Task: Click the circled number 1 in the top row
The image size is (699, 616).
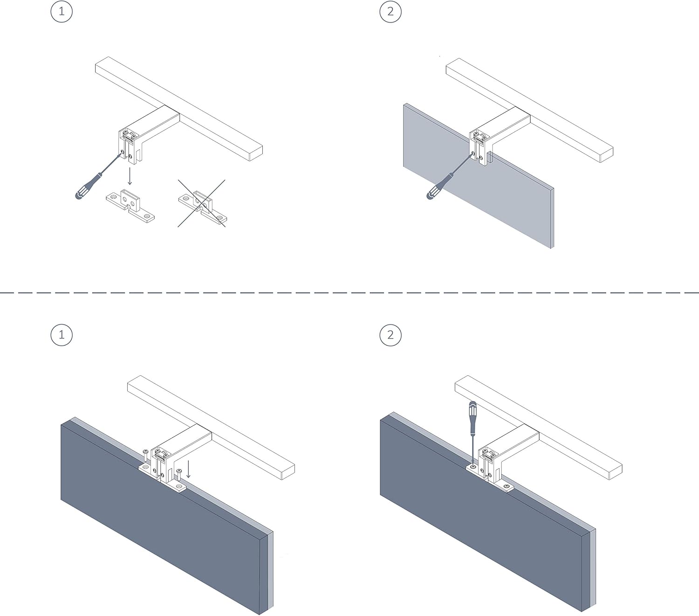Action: point(62,11)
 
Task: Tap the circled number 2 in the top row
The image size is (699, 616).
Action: point(390,11)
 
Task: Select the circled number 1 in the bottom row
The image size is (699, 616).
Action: point(62,335)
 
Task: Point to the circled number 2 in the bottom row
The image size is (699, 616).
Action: point(390,335)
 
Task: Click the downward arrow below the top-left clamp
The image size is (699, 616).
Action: point(130,176)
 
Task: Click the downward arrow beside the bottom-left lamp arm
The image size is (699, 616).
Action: point(188,469)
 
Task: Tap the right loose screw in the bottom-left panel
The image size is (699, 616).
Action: point(179,476)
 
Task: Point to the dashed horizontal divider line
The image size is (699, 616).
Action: point(349,293)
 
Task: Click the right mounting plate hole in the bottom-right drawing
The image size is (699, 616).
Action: point(506,487)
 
